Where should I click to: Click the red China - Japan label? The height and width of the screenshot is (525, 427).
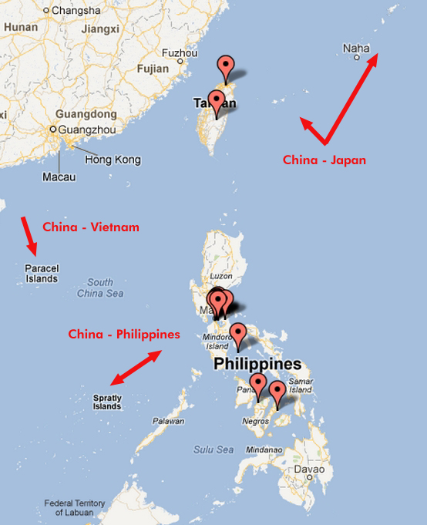pos(324,160)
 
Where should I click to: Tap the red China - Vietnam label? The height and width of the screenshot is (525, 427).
pos(90,227)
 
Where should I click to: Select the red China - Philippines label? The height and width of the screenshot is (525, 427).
pos(123,335)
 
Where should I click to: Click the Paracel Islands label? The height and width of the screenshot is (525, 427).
pos(42,274)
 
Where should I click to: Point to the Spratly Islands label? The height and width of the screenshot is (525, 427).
pos(107,402)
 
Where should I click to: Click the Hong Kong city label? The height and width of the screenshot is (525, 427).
pos(113,160)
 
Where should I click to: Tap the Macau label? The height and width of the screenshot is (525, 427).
pos(59,177)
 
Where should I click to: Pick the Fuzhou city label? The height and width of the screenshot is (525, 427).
pos(179,53)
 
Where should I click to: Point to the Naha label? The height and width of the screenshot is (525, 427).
pos(356,49)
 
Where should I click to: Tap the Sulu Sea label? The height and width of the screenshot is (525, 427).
pos(213,449)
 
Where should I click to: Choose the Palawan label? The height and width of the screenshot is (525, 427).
pos(169,421)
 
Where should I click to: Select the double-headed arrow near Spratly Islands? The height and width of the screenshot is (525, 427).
pos(136,369)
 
